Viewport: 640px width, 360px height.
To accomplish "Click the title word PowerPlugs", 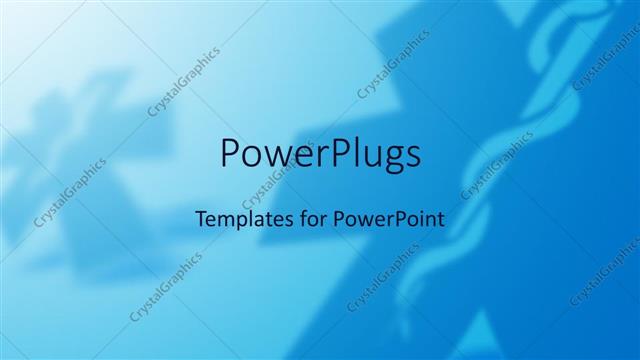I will [x=319, y=156].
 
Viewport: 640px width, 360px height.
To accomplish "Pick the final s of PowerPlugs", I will [x=411, y=157].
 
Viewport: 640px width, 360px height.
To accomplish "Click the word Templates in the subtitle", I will [x=236, y=217].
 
